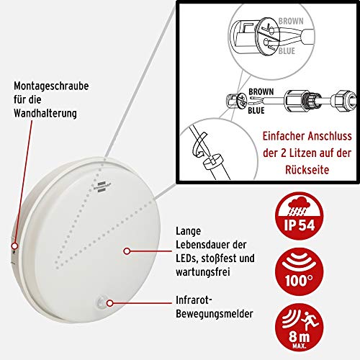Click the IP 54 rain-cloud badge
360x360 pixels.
300,216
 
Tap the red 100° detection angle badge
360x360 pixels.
300,272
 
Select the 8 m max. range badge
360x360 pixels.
300,328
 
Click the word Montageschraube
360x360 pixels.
51,86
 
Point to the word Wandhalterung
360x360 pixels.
45,113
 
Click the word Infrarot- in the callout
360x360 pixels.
194,300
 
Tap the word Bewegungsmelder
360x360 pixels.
215,314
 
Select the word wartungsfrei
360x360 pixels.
203,272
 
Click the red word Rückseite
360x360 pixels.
307,170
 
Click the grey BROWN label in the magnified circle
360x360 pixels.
291,21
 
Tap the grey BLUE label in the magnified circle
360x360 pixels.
287,51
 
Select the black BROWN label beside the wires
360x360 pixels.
261,91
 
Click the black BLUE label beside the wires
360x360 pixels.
256,110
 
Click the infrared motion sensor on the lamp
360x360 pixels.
102,302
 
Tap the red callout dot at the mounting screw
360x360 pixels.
15,246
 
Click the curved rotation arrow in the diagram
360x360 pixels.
199,145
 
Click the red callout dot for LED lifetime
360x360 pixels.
127,251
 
